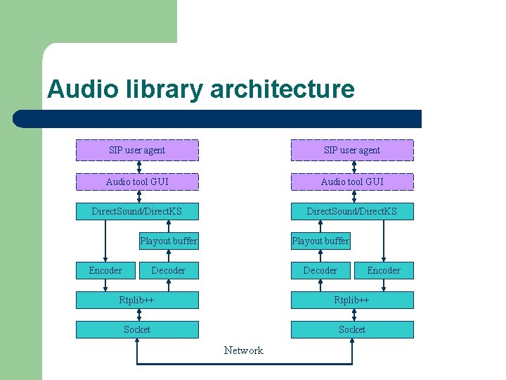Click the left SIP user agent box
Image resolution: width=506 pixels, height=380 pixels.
[x=137, y=151]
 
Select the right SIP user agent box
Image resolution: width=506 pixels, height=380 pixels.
[x=352, y=151]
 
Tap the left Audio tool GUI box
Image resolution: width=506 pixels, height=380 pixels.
[x=137, y=182]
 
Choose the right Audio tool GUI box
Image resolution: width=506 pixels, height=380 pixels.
[x=352, y=182]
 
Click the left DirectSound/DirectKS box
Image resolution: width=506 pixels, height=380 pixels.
[x=137, y=211]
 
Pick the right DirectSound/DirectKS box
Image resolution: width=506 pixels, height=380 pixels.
[x=352, y=211]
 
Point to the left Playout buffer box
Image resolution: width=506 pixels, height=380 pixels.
[x=169, y=241]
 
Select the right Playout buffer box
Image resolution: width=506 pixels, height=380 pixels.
[x=320, y=241]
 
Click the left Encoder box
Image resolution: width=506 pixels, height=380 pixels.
[x=105, y=270]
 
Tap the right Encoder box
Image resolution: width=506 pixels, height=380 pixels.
[x=384, y=270]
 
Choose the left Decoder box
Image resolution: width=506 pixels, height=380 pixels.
[x=169, y=270]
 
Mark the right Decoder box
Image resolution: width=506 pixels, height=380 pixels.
[x=320, y=270]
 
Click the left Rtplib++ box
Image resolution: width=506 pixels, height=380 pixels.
[x=137, y=300]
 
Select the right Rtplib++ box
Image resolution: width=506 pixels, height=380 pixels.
[x=352, y=300]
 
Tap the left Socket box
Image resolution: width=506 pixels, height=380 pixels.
[x=137, y=329]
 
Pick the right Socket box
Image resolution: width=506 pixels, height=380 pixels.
[x=352, y=329]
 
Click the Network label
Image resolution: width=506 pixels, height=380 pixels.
[x=244, y=350]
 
